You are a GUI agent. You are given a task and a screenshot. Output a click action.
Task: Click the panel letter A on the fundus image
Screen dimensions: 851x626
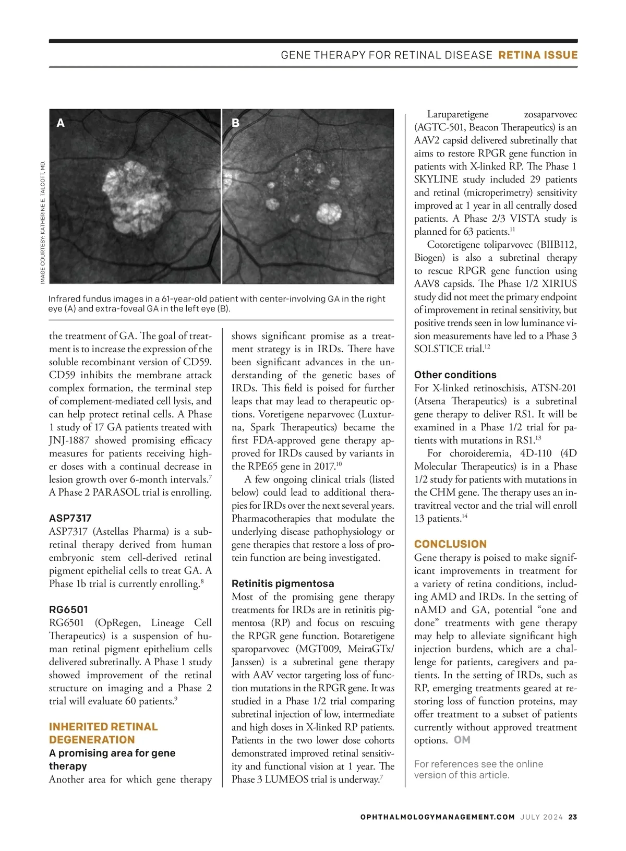[61, 123]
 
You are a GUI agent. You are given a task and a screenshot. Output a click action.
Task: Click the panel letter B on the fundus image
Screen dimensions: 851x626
[235, 123]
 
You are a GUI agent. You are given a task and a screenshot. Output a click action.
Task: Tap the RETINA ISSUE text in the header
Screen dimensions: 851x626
[538, 55]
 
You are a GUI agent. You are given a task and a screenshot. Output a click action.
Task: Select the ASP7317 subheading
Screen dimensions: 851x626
[70, 518]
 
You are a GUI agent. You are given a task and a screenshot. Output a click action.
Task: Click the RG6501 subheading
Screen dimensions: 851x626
[68, 609]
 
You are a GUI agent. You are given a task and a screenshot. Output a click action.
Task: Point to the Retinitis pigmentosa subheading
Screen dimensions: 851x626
[283, 583]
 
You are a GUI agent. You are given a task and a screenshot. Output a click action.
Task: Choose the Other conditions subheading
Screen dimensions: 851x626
[455, 375]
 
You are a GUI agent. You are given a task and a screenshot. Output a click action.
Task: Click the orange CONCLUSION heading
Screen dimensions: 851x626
[450, 544]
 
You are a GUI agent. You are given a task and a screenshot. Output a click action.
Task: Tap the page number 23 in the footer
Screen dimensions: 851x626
[573, 817]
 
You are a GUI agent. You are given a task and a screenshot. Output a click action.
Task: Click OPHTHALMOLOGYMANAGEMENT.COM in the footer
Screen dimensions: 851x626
[437, 817]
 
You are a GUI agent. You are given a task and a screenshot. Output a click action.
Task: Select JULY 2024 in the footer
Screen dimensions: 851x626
[541, 817]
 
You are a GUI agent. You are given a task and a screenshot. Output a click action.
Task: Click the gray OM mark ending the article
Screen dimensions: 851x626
[462, 740]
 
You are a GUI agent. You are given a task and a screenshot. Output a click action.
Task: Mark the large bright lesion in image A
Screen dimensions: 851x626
[136, 195]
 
